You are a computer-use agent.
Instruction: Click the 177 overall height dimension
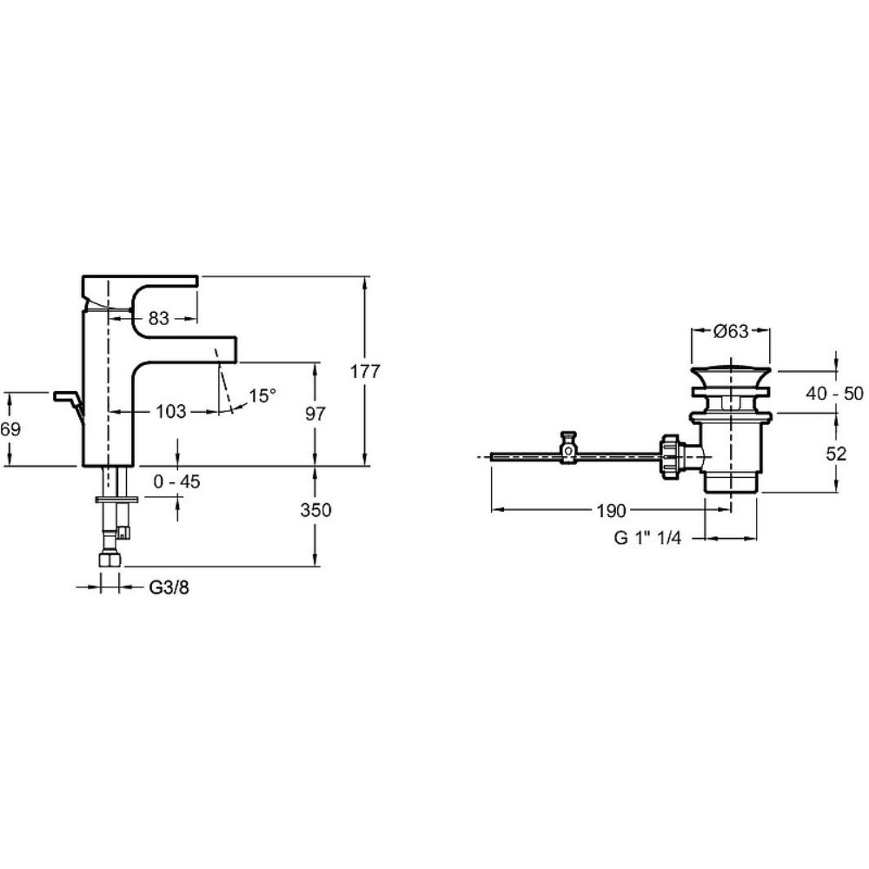365,371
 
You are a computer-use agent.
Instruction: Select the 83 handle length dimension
158,318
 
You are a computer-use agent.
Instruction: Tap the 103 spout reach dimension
170,411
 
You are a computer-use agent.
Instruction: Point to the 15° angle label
262,395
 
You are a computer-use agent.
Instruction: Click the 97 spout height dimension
315,414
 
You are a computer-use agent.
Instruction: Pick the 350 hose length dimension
316,510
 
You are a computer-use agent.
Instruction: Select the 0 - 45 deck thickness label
176,481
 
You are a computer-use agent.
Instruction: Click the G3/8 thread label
169,587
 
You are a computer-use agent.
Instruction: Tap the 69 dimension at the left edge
10,429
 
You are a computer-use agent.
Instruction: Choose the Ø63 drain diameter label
731,331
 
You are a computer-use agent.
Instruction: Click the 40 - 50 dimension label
834,394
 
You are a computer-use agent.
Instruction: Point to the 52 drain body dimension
836,454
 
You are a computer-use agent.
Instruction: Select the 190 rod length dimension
611,510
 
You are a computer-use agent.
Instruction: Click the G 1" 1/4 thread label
647,538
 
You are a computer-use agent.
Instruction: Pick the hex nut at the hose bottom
110,559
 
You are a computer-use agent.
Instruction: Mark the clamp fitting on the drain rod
568,448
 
